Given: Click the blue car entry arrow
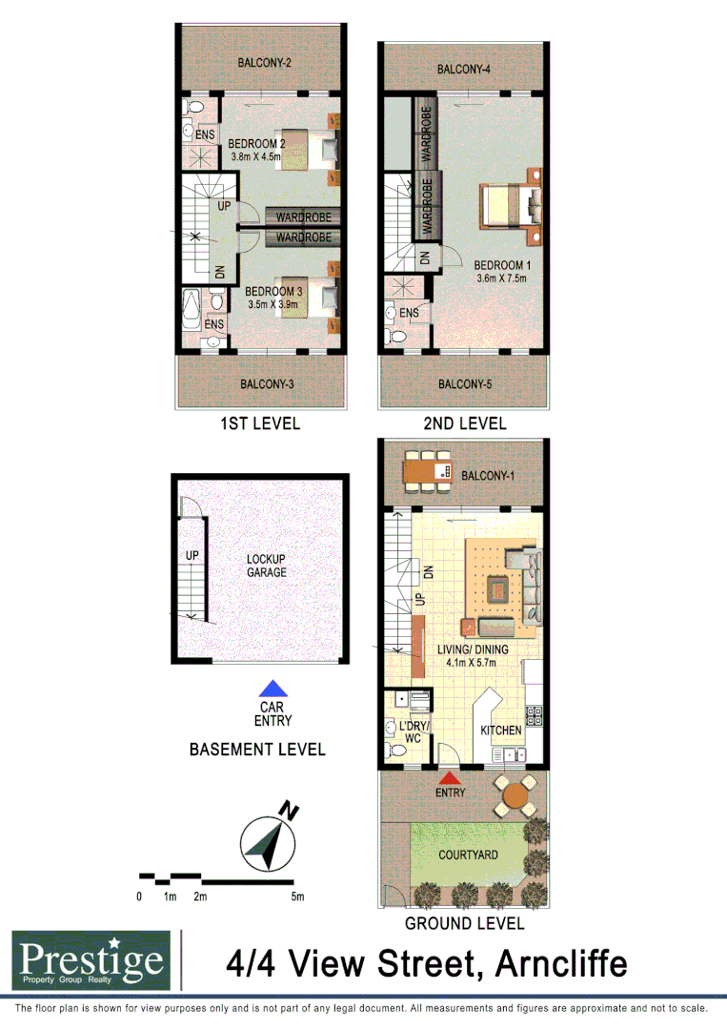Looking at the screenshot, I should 274,689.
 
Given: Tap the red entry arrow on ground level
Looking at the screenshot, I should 449,778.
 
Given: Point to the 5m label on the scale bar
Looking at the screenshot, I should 298,896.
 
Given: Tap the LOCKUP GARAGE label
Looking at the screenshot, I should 266,566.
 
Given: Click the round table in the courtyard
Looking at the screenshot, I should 515,793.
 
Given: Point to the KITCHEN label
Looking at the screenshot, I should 500,731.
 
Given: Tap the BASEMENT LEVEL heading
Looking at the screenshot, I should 257,750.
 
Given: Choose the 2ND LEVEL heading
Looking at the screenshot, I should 465,423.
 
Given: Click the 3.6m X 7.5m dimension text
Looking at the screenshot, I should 502,279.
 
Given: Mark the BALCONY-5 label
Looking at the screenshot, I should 464,384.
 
